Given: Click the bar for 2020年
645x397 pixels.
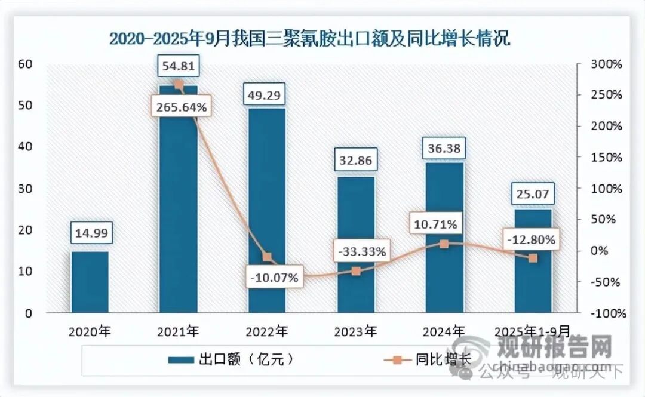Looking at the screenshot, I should pyautogui.click(x=90, y=282).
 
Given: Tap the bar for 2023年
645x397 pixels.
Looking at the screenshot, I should pyautogui.click(x=356, y=245).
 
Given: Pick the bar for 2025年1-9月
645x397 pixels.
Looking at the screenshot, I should pyautogui.click(x=533, y=261).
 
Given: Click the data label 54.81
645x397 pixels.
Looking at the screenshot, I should pyautogui.click(x=179, y=65).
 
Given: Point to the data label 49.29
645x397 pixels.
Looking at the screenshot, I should pyautogui.click(x=267, y=94).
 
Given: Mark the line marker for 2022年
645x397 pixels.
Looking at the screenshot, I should pyautogui.click(x=267, y=257).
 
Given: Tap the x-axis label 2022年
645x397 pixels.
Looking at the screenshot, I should pyautogui.click(x=267, y=330).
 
